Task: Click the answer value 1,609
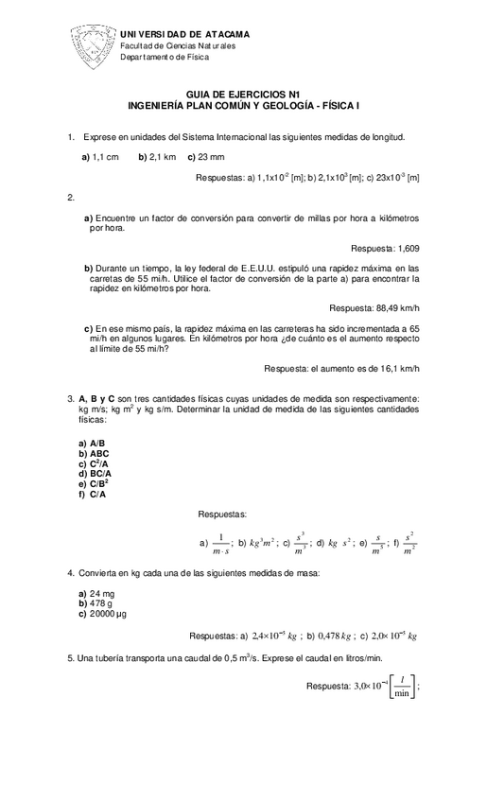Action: point(403,248)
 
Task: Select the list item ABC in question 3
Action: point(99,453)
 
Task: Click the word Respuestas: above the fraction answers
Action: point(222,514)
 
